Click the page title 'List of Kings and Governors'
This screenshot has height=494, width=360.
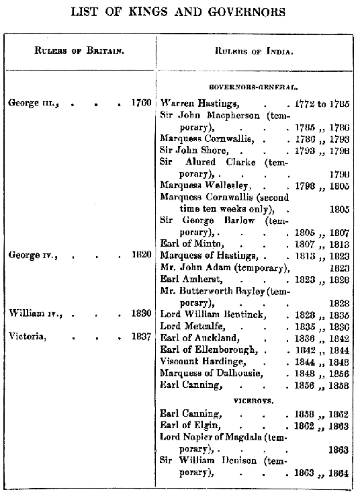point(180,11)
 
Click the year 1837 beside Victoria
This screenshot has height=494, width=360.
point(141,337)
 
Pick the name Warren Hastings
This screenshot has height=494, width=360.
point(195,104)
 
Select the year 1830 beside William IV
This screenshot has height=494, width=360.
point(141,314)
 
